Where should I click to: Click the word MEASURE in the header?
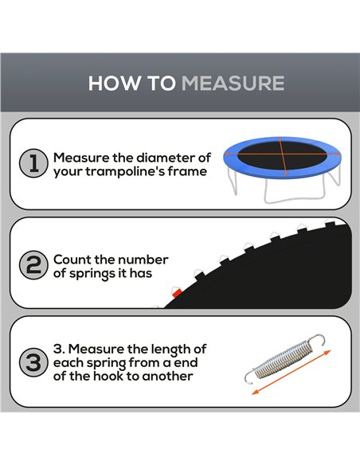point(233,83)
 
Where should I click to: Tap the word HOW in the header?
point(114,83)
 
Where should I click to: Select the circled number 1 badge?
point(33,163)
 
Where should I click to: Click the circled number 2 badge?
point(33,265)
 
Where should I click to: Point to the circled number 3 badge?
point(33,362)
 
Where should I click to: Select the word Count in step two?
point(72,260)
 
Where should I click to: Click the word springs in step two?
point(93,274)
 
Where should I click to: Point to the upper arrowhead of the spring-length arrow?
point(327,352)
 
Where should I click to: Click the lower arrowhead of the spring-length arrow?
point(256,392)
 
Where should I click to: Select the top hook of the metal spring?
point(318,340)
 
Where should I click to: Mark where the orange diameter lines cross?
point(283,154)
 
